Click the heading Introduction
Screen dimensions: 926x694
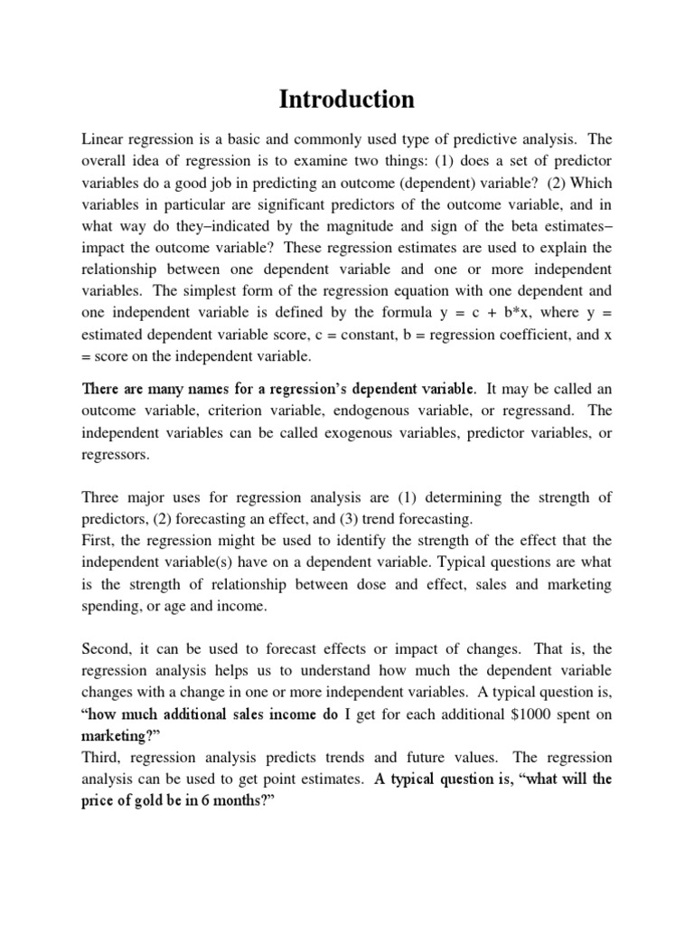click(347, 99)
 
